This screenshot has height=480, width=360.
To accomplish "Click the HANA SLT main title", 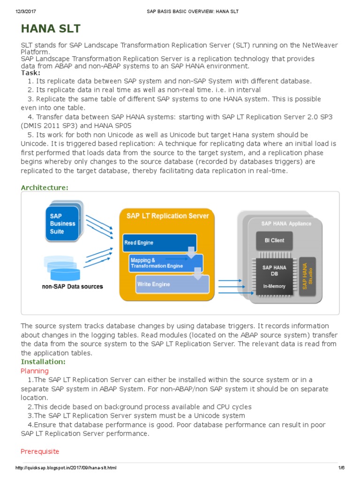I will tap(51, 29).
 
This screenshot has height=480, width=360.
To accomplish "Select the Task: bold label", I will tap(30, 72).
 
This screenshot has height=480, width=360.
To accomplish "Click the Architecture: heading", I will tap(45, 187).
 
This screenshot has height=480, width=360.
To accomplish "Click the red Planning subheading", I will tap(34, 371).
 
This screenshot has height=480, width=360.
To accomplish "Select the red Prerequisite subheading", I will tap(40, 451).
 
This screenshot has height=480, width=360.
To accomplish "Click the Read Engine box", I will tap(158, 243).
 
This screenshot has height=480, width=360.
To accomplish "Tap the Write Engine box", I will tap(172, 285).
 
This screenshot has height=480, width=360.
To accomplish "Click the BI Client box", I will tap(274, 240).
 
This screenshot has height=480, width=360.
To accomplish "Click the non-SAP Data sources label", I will tap(72, 286).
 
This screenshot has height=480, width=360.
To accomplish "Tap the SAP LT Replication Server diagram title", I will tap(167, 216).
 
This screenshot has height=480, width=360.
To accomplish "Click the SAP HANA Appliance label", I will tap(286, 224).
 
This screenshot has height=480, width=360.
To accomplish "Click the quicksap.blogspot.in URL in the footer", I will tap(66, 468).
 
